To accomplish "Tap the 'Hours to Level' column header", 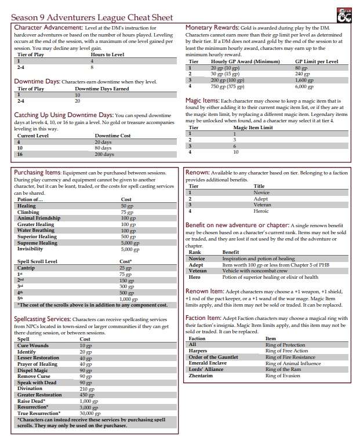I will click(107, 54).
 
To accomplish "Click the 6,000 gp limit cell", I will click(304, 86).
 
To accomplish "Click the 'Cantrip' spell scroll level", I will click(27, 268).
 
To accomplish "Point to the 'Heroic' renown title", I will click(263, 211).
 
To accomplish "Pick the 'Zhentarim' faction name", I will click(203, 376).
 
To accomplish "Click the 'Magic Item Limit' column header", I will click(253, 128).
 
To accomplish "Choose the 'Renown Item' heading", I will click(205, 291).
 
